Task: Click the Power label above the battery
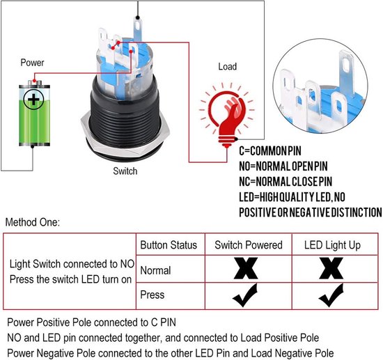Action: (32, 63)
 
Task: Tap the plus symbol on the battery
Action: (33, 100)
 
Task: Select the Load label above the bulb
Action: (228, 66)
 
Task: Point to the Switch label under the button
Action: (125, 171)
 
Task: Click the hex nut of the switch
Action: (125, 137)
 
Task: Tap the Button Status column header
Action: (169, 245)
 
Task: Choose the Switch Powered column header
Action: (249, 245)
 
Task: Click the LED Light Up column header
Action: (332, 245)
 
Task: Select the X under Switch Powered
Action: (246, 268)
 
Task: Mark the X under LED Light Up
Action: (331, 268)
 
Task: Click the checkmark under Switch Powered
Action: (245, 295)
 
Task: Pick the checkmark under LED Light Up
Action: (331, 295)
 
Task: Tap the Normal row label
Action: (155, 271)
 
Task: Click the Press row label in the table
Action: (153, 295)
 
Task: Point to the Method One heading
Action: (33, 222)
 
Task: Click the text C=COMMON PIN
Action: (270, 150)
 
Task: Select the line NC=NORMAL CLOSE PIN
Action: (286, 182)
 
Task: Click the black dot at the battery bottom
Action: (33, 147)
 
